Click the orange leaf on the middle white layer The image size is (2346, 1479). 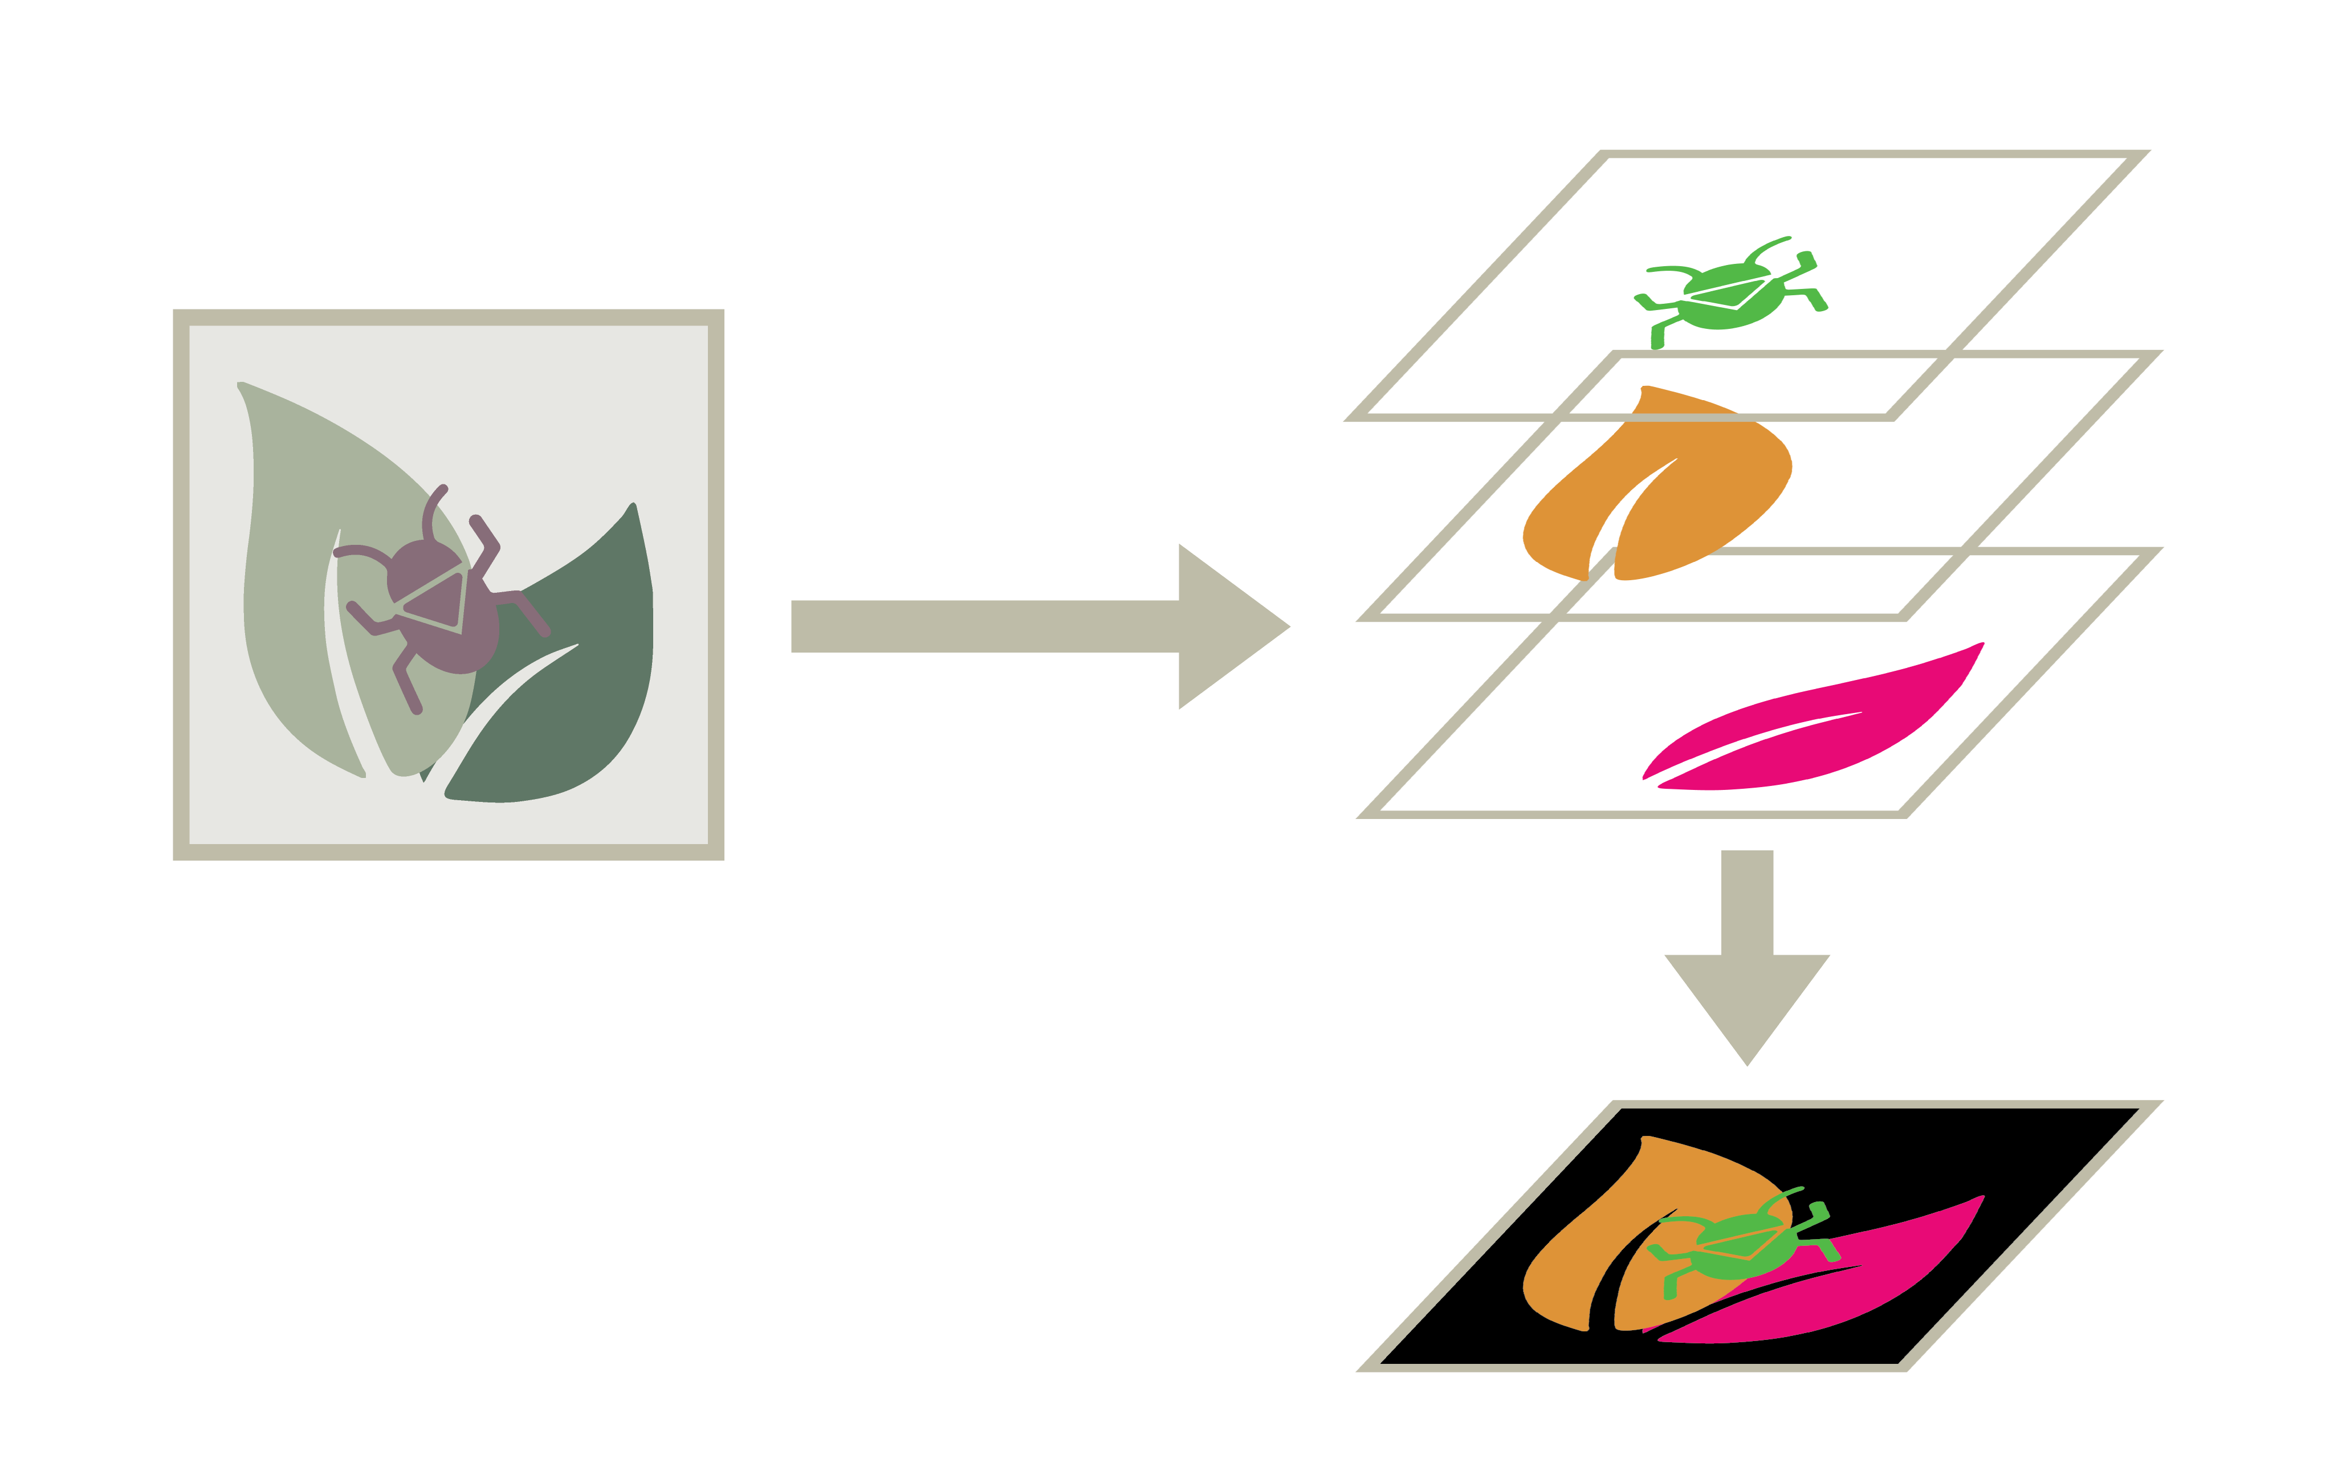[1714, 487]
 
